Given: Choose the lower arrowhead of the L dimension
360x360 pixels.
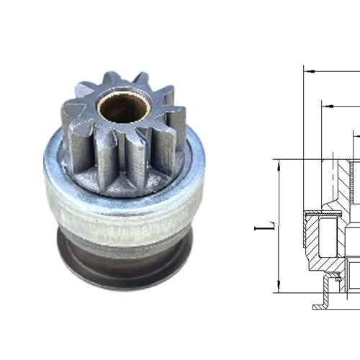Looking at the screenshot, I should pyautogui.click(x=278, y=287).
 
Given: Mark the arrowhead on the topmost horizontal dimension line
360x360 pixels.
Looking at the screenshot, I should pyautogui.click(x=309, y=71).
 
